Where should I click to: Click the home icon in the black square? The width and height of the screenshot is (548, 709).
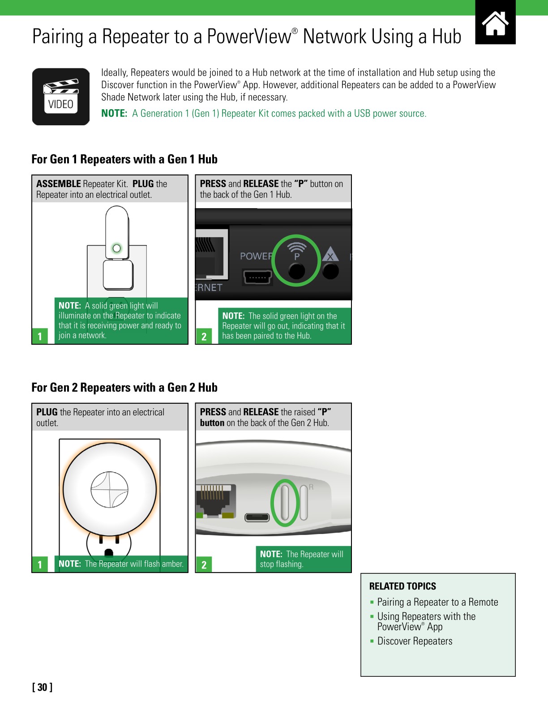click(x=495, y=23)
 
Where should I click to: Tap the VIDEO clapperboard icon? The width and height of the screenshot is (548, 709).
click(x=61, y=97)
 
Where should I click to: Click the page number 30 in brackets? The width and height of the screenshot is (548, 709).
click(x=42, y=687)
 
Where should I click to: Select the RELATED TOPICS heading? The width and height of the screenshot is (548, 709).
click(x=402, y=586)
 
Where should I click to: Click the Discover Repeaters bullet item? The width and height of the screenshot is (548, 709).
click(x=415, y=641)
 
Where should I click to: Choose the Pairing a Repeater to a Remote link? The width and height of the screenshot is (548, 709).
click(x=437, y=602)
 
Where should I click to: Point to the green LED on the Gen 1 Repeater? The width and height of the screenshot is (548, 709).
click(x=117, y=248)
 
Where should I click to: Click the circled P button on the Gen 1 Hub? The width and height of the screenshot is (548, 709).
click(x=296, y=270)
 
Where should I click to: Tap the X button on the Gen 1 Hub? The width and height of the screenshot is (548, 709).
click(x=330, y=270)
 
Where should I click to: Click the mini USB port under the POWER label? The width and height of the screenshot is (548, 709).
click(x=257, y=278)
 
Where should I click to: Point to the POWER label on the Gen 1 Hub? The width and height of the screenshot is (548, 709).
click(x=256, y=256)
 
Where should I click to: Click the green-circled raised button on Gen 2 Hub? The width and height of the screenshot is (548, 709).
click(x=285, y=503)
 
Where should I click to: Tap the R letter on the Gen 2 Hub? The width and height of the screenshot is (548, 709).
click(x=311, y=487)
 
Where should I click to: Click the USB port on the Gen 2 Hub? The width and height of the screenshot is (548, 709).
click(x=257, y=517)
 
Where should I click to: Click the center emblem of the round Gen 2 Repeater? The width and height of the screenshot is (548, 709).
click(x=109, y=490)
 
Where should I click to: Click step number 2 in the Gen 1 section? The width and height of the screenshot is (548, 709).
click(x=204, y=336)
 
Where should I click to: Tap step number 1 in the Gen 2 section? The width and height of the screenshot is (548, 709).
click(x=40, y=564)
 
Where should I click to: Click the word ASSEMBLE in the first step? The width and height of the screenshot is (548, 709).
click(x=58, y=184)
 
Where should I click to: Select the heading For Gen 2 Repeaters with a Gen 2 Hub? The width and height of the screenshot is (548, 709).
click(x=124, y=387)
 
